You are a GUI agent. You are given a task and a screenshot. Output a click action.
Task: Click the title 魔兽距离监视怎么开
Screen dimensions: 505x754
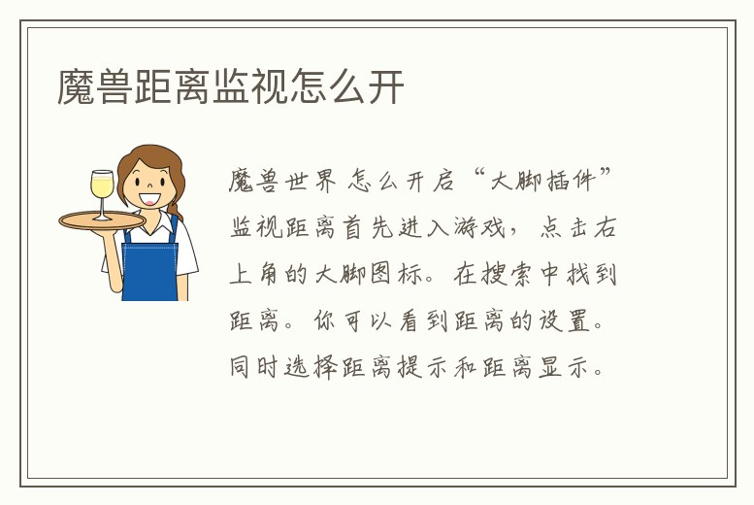tap(231, 87)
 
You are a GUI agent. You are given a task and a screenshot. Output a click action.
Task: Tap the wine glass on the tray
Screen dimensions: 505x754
tap(102, 190)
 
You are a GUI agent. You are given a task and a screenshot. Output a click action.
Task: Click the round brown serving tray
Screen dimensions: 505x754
tap(102, 220)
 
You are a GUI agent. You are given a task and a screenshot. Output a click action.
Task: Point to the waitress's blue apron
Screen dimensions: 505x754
tap(150, 266)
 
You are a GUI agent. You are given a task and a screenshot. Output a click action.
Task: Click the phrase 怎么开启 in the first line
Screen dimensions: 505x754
tap(401, 181)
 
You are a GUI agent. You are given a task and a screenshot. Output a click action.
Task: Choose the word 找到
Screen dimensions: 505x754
tap(594, 275)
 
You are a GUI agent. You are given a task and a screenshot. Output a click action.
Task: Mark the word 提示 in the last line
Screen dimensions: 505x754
tap(428, 368)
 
